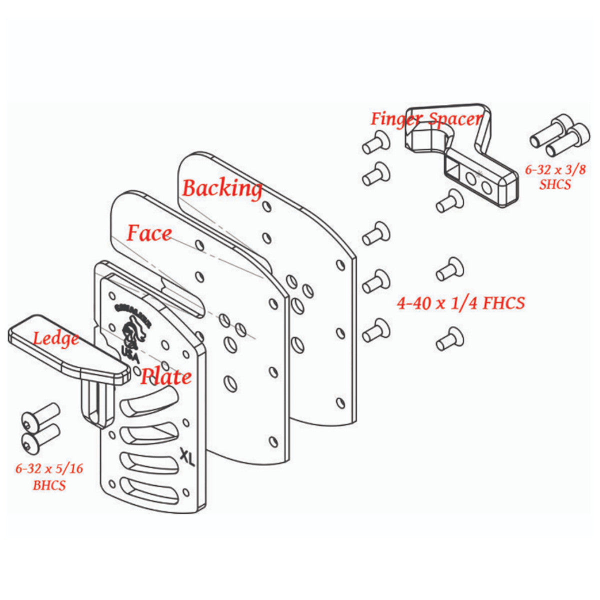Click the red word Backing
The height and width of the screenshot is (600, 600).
[221, 188]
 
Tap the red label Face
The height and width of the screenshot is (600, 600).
[149, 233]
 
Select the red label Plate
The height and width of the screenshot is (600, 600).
[165, 376]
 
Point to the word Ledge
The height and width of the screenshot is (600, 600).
[56, 338]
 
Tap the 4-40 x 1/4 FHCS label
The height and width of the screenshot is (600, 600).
[460, 303]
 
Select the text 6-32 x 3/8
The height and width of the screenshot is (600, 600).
[555, 169]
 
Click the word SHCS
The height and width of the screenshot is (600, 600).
[555, 184]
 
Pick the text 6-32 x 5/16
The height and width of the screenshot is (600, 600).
[49, 468]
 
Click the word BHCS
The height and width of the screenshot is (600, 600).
[49, 485]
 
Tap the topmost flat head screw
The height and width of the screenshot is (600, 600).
[376, 142]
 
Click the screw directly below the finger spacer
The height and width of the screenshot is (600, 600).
[449, 201]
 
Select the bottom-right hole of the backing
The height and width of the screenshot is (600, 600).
[341, 402]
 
